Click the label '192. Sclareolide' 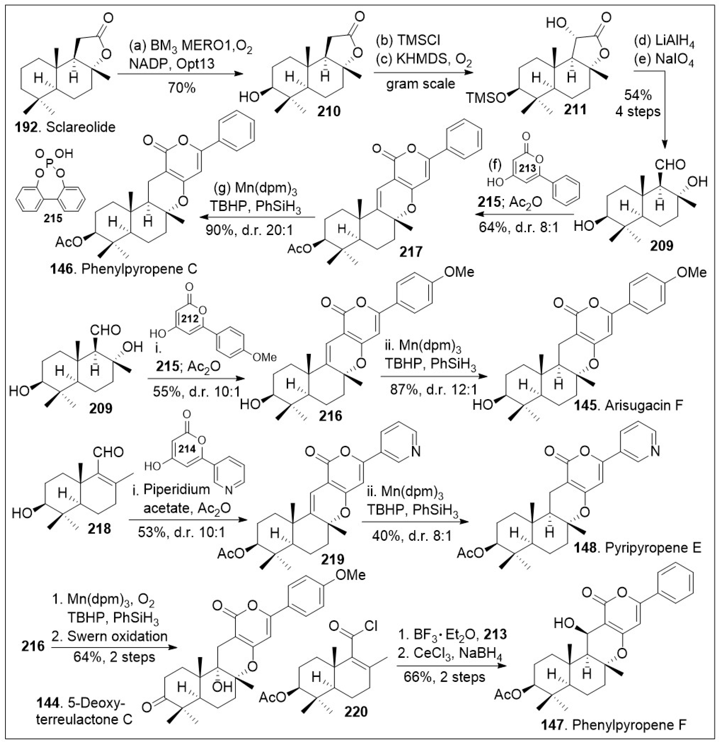point(65,127)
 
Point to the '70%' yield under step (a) point(181,88)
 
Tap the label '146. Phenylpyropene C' point(123,269)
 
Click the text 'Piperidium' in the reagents point(177,489)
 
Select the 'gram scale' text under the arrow point(421,84)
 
